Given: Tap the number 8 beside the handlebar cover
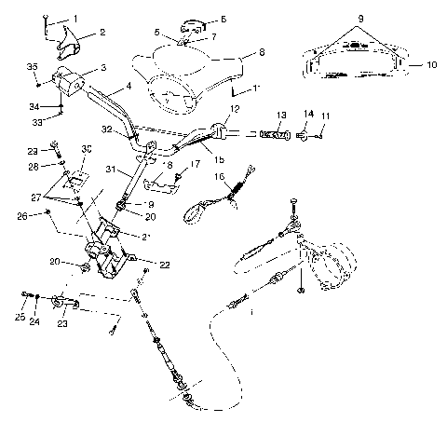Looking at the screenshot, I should (261, 54).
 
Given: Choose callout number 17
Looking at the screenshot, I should (195, 164).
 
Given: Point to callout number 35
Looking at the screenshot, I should (33, 67).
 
